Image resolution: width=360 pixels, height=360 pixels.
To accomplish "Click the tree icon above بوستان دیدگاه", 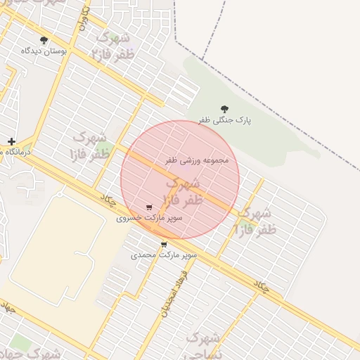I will click(44, 40).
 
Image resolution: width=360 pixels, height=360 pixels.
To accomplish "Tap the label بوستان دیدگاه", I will click(44, 51).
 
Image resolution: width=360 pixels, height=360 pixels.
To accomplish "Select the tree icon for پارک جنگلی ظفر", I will click(224, 109).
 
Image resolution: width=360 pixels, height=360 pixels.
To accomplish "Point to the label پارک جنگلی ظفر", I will click(224, 120).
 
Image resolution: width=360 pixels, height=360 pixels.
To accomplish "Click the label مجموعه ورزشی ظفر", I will click(197, 160).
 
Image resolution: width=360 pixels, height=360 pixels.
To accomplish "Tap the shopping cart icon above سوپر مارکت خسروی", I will click(149, 207).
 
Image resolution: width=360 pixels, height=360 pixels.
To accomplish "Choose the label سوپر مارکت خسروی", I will click(149, 218).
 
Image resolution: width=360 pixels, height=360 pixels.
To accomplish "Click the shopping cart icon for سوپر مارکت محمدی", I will click(164, 245).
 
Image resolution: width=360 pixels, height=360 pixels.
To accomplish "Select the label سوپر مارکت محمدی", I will click(164, 255).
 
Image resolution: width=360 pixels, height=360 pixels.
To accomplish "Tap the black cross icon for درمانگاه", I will click(11, 141).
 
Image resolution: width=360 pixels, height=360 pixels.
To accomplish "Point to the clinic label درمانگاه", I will click(4, 152).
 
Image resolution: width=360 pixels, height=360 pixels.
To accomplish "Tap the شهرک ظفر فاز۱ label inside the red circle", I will click(182, 192).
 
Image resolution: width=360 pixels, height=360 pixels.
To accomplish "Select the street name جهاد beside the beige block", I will click(8, 307).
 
